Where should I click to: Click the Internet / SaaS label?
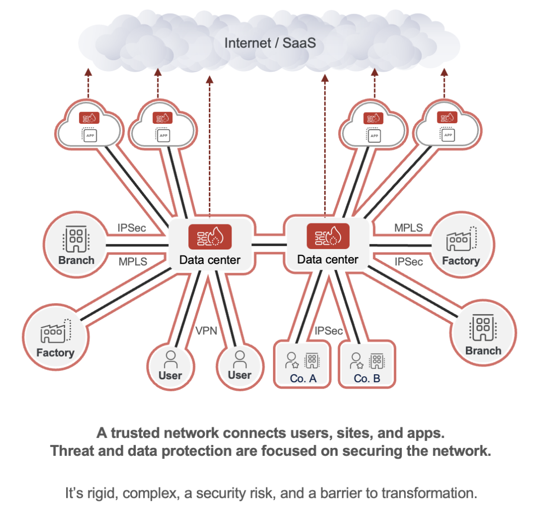[x=270, y=43]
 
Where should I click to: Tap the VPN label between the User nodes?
[x=205, y=330]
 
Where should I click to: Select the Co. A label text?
[x=303, y=378]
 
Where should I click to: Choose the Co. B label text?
[x=367, y=378]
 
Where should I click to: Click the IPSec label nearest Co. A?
[x=329, y=331]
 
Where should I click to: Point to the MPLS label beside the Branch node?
[x=133, y=262]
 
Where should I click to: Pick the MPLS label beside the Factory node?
[x=408, y=228]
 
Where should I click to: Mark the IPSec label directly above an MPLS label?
[x=132, y=228]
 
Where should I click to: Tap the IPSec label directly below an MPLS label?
[x=409, y=262]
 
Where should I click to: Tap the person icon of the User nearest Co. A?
[x=240, y=359]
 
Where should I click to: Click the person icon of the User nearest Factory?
[x=171, y=359]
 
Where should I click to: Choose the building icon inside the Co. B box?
[x=376, y=360]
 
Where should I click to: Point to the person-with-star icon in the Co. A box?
[x=291, y=360]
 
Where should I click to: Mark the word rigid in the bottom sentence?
[x=100, y=493]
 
